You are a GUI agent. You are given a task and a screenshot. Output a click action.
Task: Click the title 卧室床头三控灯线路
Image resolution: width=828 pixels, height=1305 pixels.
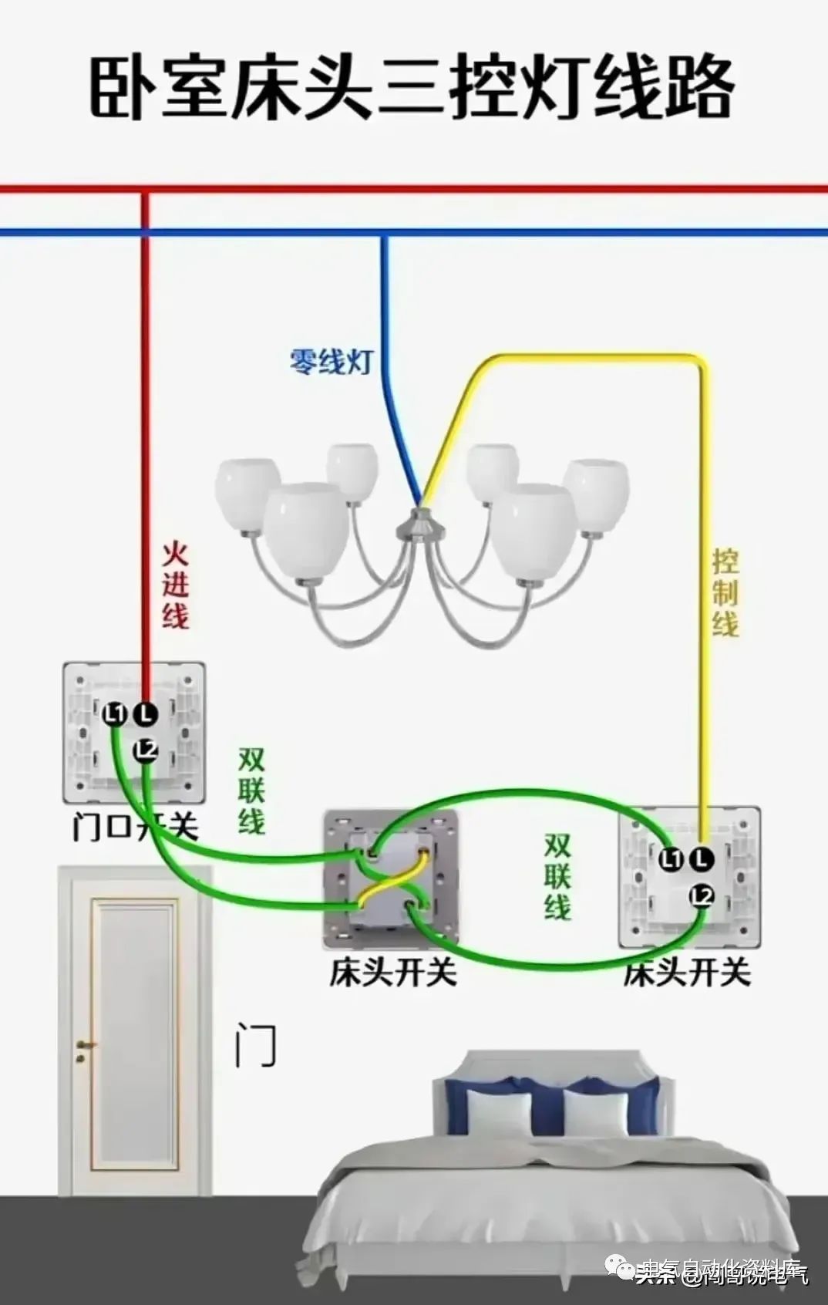click(x=413, y=88)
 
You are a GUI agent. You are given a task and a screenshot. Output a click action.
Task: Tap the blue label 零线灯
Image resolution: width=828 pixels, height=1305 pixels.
click(x=331, y=361)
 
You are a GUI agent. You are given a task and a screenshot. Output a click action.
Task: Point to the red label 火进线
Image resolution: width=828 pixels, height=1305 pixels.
click(x=176, y=585)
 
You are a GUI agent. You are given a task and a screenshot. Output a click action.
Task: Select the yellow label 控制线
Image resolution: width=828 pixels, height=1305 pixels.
click(x=725, y=592)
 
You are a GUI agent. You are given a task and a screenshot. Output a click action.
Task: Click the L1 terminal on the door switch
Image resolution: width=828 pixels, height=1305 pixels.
click(x=115, y=714)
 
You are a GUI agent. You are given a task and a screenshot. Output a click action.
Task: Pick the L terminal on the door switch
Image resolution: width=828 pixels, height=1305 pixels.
click(x=146, y=714)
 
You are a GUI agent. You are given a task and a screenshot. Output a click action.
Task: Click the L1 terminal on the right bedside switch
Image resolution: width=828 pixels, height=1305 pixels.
click(x=671, y=858)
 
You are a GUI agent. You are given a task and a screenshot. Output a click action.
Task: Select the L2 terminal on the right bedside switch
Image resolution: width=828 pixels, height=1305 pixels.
click(x=702, y=895)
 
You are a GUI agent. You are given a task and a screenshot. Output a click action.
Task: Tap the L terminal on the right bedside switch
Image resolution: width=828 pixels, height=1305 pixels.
click(x=702, y=858)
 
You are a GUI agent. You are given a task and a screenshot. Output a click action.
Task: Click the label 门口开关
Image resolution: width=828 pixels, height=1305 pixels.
click(x=136, y=828)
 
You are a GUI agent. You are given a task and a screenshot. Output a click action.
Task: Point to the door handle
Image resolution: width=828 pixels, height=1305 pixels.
click(x=82, y=1047)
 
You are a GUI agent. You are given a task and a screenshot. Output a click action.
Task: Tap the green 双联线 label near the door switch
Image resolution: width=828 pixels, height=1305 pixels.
click(x=251, y=791)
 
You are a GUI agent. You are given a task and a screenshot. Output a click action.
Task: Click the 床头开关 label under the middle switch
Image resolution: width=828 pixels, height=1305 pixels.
click(x=393, y=972)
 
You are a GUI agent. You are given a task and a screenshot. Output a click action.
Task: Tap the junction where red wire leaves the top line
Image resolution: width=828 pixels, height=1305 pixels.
click(x=145, y=189)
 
